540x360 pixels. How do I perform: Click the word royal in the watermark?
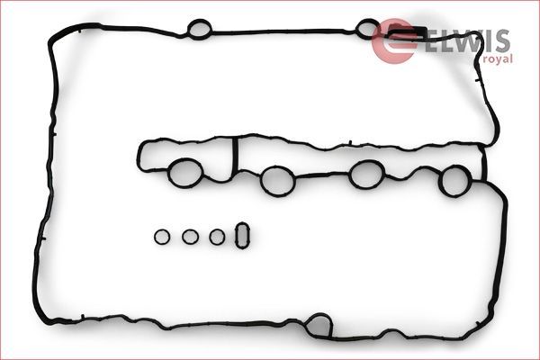(498, 58)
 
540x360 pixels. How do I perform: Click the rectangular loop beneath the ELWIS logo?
(408, 29)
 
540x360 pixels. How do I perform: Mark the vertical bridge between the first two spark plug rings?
(235, 154)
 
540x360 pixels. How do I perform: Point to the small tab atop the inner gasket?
(349, 142)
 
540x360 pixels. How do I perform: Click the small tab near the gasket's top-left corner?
(79, 31)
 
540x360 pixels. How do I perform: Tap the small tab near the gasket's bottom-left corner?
(82, 317)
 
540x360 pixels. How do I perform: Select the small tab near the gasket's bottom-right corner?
(478, 324)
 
